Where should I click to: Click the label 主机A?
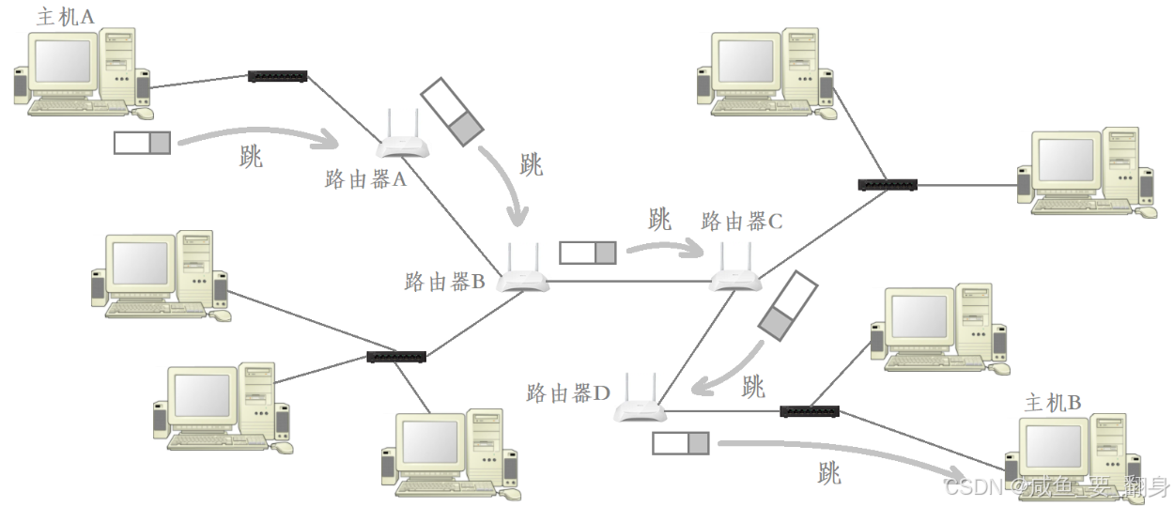click(65, 16)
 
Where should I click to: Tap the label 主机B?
click(1053, 403)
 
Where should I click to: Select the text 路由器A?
click(365, 180)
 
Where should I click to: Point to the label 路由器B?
click(444, 281)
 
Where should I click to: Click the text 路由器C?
click(742, 222)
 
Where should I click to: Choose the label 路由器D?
click(569, 392)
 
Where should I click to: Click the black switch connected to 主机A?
click(278, 75)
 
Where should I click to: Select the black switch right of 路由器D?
click(810, 411)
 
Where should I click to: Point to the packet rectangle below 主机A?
click(143, 143)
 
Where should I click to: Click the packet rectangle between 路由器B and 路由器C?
click(588, 253)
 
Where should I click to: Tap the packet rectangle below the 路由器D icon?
click(681, 444)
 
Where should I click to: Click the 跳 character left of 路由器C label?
click(660, 220)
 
